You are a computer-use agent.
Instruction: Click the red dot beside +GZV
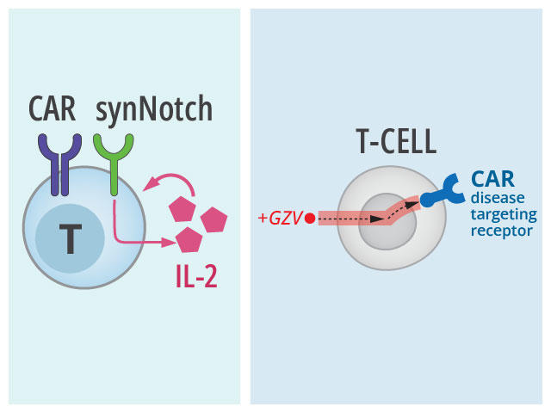(309, 218)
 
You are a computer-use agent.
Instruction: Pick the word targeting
(504, 214)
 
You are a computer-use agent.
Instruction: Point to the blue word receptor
(502, 231)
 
